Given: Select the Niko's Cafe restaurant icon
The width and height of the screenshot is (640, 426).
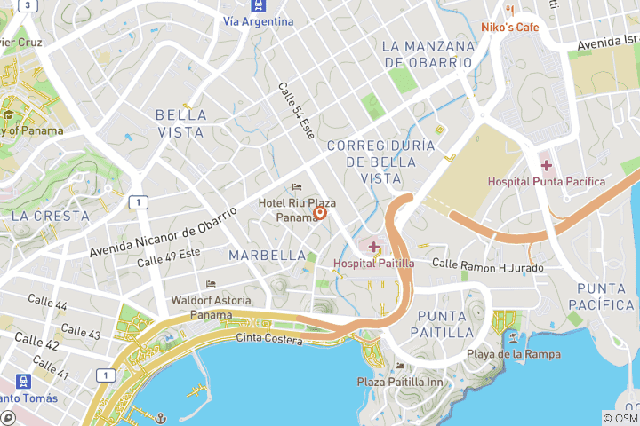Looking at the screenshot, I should tap(510, 11).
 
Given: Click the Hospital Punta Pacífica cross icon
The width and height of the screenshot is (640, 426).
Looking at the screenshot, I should tap(546, 165).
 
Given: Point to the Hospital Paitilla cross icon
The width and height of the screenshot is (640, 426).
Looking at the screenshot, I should tap(373, 246).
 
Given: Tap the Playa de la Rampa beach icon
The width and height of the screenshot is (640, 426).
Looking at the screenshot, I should tap(514, 338).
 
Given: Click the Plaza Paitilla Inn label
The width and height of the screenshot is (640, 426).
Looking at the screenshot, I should tap(400, 382).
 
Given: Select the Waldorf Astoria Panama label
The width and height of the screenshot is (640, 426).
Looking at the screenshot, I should tap(211, 307).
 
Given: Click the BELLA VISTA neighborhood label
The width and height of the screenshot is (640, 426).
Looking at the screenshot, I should tap(180, 123).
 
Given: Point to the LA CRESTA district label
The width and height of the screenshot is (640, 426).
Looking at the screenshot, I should tap(50, 216).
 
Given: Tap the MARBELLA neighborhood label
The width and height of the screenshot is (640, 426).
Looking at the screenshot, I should tap(268, 256).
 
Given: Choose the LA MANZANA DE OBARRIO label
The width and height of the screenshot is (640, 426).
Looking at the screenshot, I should tap(427, 54).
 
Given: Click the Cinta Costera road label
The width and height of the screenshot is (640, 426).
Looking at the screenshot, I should tap(269, 338).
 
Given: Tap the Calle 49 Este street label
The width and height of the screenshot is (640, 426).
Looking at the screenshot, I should tap(169, 258).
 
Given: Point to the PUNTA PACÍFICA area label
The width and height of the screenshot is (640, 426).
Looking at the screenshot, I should tap(605, 296).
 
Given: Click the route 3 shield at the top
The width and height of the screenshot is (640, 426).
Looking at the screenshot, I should tap(28, 5).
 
